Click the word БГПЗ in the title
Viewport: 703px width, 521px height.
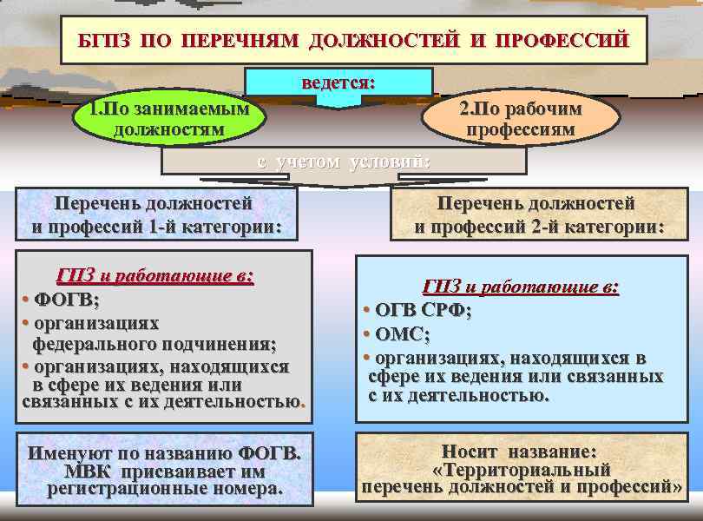pyautogui.click(x=104, y=41)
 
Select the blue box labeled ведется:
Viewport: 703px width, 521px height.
pyautogui.click(x=338, y=83)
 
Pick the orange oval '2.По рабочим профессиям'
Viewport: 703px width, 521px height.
pyautogui.click(x=520, y=119)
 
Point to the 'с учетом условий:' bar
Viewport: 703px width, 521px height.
pyautogui.click(x=344, y=162)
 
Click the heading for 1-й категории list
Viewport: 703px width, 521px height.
pyautogui.click(x=156, y=215)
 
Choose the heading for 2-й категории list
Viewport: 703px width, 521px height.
pyautogui.click(x=538, y=215)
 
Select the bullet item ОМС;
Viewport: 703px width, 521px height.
pyautogui.click(x=403, y=334)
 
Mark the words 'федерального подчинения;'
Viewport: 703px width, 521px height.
pyautogui.click(x=154, y=344)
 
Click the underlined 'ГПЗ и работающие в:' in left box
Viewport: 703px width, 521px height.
pyautogui.click(x=154, y=277)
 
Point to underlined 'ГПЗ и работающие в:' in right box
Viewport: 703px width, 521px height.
pyautogui.click(x=521, y=287)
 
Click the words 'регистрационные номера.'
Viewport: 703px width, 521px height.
pyautogui.click(x=165, y=489)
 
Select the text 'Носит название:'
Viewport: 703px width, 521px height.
pyautogui.click(x=519, y=452)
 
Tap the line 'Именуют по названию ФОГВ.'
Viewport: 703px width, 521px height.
pyautogui.click(x=165, y=452)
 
